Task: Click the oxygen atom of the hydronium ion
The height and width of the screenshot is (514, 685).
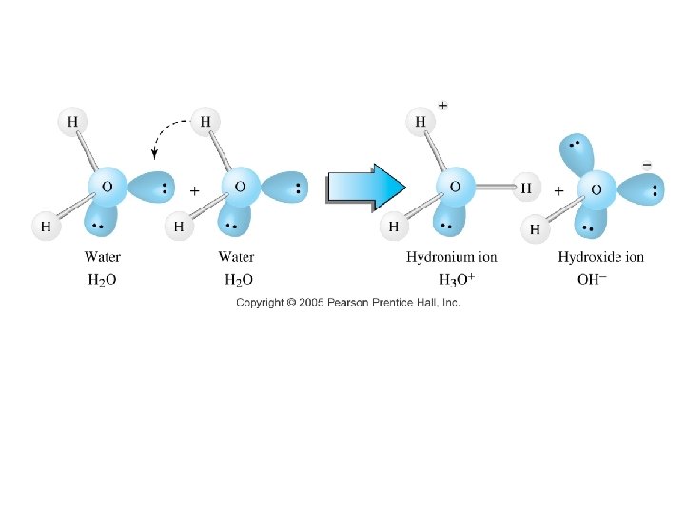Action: coord(455,187)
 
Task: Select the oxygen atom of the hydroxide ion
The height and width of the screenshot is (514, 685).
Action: coord(597,189)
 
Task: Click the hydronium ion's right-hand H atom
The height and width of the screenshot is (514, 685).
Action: coord(526,188)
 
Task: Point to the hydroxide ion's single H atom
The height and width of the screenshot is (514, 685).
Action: coord(535,228)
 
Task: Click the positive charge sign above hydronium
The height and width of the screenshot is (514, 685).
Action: coord(443,105)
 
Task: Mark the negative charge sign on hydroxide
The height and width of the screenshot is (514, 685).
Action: coord(648,165)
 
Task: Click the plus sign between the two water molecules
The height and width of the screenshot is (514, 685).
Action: coord(195,190)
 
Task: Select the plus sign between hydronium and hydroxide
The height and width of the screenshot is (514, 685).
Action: coord(558,190)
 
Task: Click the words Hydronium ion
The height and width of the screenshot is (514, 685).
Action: coord(451,257)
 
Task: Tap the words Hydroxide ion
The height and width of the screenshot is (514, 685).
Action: coord(600,257)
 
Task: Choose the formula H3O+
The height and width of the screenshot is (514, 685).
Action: coord(457,280)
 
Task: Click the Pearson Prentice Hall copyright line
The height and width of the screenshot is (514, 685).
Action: coord(348,302)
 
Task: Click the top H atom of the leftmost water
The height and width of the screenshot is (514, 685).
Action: coord(72,121)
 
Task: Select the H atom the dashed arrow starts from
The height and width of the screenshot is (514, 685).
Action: coord(205,121)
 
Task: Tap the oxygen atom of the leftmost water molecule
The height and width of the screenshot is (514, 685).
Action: coord(108,187)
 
